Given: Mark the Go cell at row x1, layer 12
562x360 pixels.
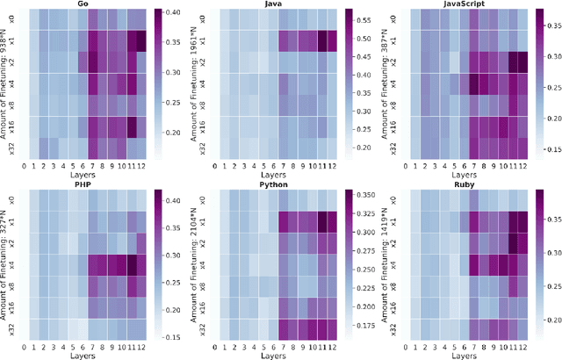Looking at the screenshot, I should [137, 40].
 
